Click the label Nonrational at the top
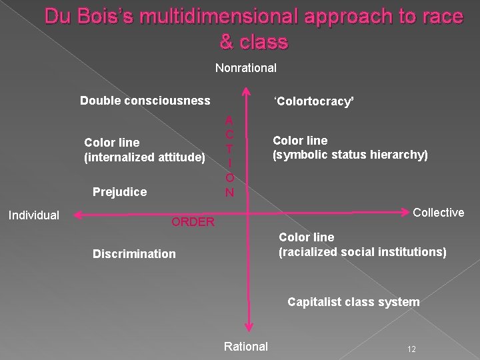point(245,67)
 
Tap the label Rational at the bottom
point(245,346)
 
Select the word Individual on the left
point(33,215)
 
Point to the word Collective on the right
point(438,212)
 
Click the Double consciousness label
point(145,101)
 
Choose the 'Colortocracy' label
point(313,101)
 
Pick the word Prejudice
point(119,192)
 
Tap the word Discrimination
point(134,253)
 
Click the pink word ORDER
point(193,222)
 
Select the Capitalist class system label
point(353,302)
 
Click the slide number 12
point(411,349)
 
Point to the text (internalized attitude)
point(145,157)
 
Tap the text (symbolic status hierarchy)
point(350,155)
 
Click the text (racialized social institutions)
point(362,251)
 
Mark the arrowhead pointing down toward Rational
point(248,326)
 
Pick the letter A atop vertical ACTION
point(229,121)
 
